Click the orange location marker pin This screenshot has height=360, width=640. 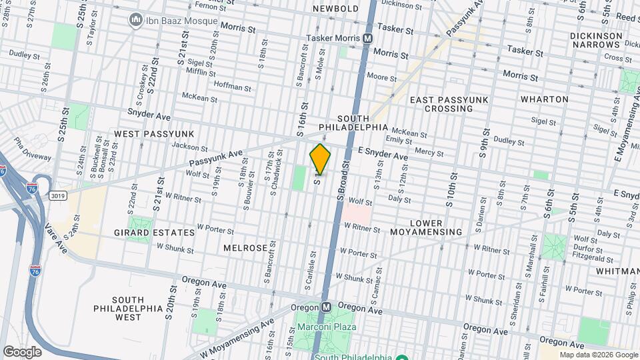(x=320, y=159)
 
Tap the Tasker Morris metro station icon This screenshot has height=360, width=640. (x=367, y=39)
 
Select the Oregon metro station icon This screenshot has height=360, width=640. (x=326, y=307)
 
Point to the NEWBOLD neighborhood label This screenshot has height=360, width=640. (x=336, y=9)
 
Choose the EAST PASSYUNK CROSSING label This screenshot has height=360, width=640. (x=449, y=104)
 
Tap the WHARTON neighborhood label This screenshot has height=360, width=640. (x=545, y=99)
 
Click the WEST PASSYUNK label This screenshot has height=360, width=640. (x=144, y=134)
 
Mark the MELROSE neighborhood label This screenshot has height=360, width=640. (x=245, y=247)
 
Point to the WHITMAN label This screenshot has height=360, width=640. (x=617, y=271)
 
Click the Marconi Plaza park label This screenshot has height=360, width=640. (x=327, y=327)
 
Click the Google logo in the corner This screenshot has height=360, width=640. (x=22, y=352)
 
